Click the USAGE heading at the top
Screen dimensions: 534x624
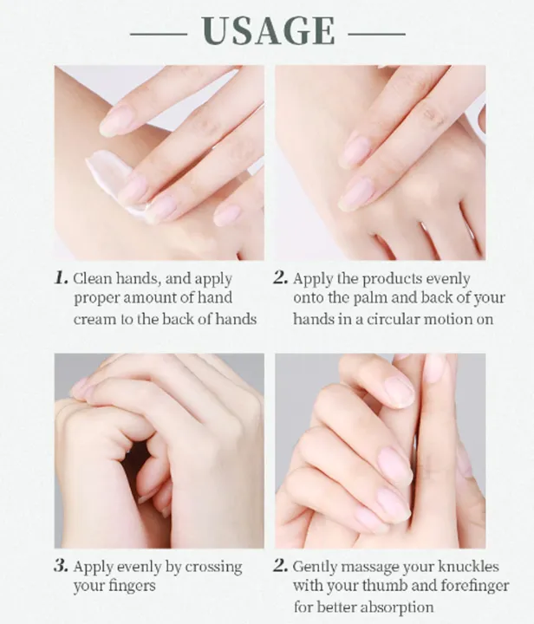[x=268, y=30]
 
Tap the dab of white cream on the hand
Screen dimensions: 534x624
[x=109, y=177]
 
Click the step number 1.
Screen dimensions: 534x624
[x=61, y=278]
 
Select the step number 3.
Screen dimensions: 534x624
[x=61, y=565]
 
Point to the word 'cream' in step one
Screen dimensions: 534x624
[x=92, y=319]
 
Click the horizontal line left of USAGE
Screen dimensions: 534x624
[x=159, y=34]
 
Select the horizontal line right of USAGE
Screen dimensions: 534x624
[x=377, y=34]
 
